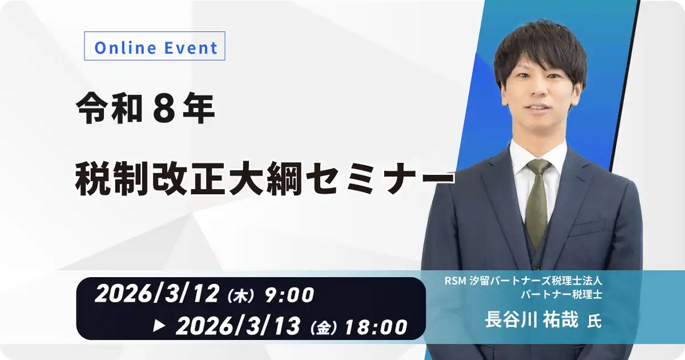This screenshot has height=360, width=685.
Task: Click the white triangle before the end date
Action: (x=159, y=325)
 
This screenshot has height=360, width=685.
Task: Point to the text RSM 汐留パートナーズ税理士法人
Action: (x=523, y=281)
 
